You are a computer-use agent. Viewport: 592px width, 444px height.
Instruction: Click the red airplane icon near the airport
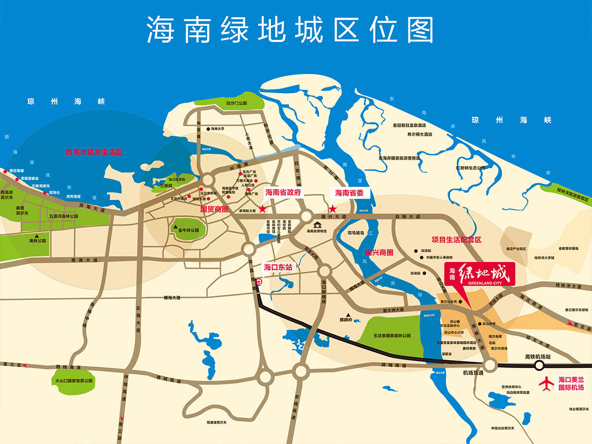(x=546, y=383)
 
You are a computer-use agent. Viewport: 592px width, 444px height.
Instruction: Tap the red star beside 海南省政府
(x=262, y=209)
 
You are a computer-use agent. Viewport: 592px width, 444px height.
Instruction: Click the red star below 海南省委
(x=333, y=209)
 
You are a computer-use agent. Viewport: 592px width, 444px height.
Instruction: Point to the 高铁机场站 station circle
(x=539, y=366)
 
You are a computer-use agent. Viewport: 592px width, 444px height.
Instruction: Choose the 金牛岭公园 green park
(x=184, y=229)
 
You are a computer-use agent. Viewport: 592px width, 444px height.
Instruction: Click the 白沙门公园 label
(x=235, y=104)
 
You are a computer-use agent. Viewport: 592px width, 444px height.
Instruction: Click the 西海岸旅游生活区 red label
(x=94, y=152)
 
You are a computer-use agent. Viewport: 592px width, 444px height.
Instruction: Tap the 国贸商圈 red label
(x=215, y=209)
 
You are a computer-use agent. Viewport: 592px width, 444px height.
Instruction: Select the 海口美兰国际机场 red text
(x=571, y=383)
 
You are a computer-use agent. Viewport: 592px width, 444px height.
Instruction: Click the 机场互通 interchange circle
(x=490, y=365)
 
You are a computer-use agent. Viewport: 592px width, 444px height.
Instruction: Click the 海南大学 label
(x=218, y=129)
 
